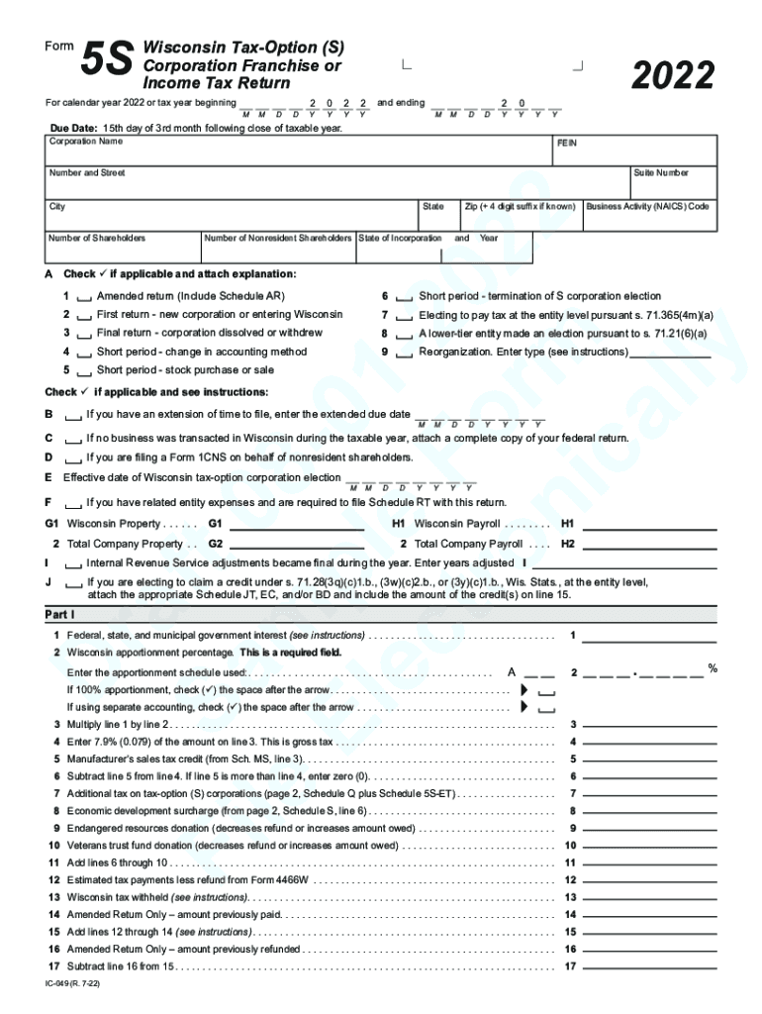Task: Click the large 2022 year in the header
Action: coord(673,74)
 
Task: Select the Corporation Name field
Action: coord(297,151)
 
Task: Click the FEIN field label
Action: coord(567,144)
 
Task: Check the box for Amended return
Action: coord(84,297)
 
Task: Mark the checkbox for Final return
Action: coord(84,334)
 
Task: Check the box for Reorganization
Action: coord(404,353)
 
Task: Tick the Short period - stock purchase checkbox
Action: coord(84,371)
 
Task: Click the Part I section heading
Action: coord(60,615)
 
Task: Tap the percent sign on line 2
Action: coord(712,668)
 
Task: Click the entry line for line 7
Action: coord(649,794)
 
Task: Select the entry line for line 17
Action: coord(649,966)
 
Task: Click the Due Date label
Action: coord(74,128)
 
